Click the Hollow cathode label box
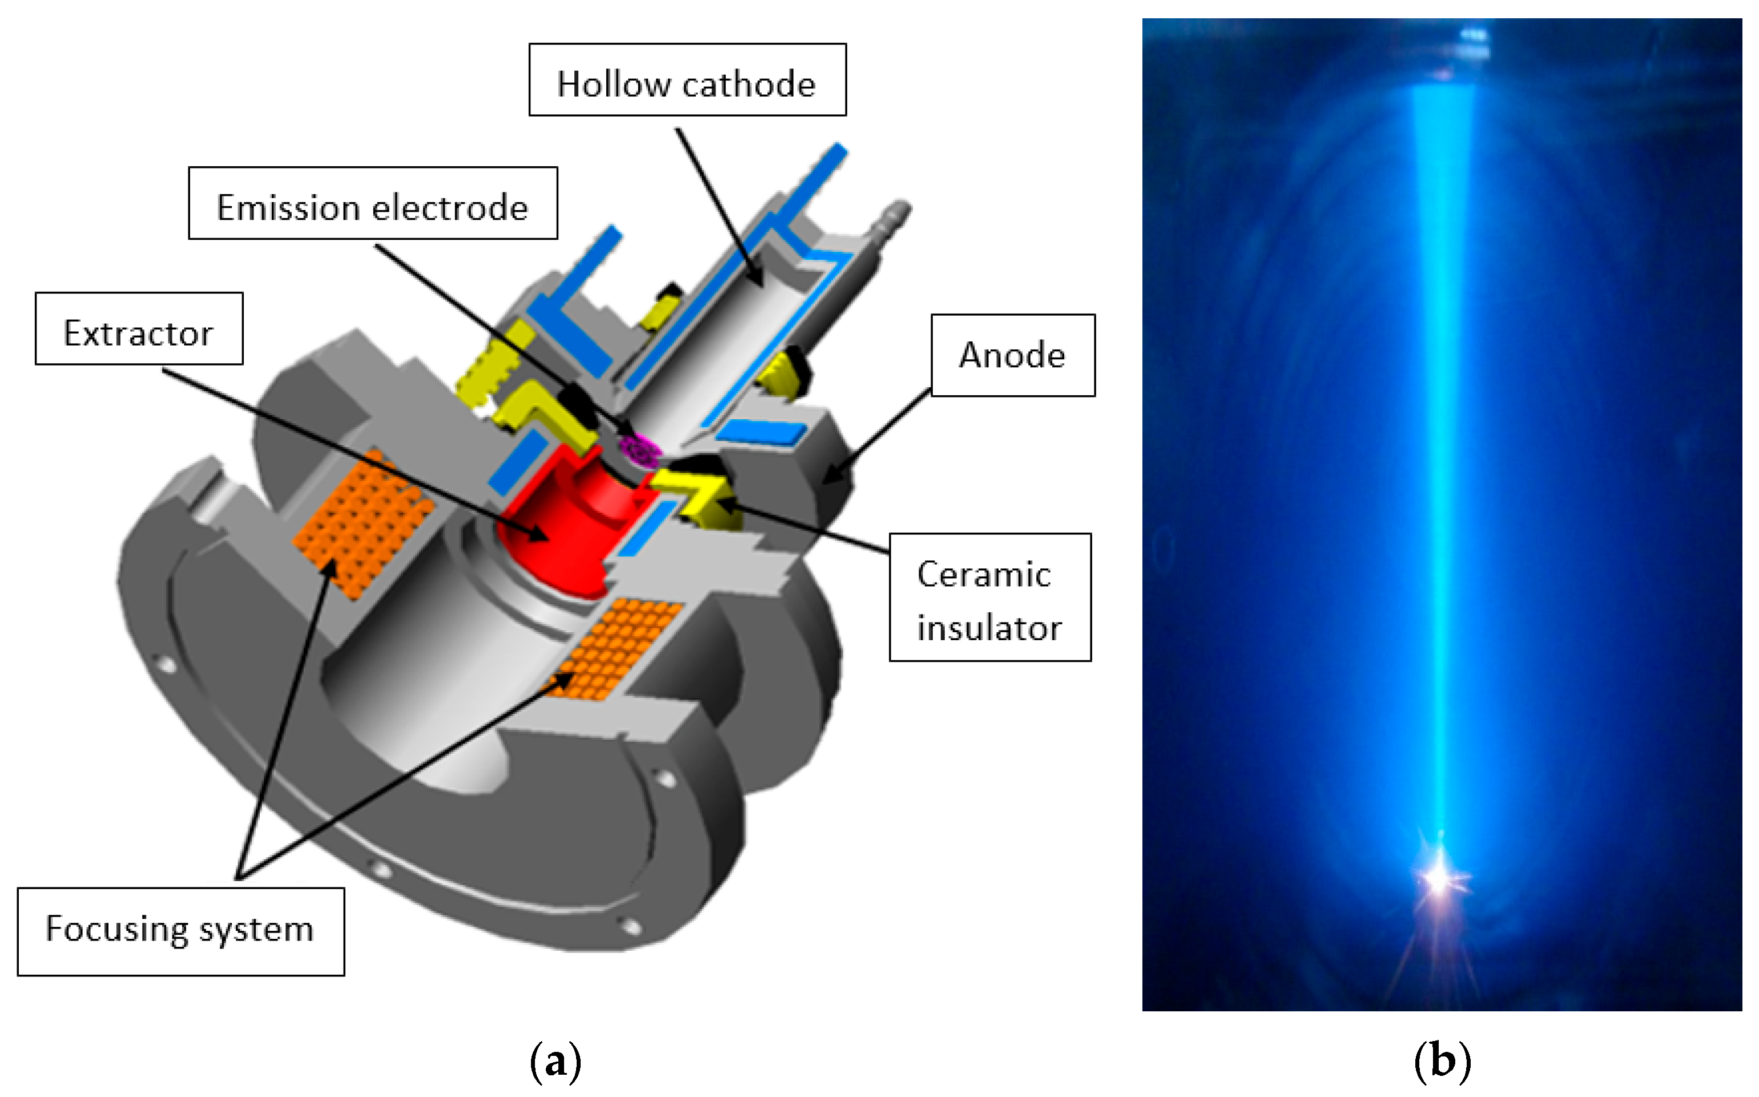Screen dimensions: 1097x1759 [687, 80]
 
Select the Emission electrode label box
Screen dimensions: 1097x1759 [373, 203]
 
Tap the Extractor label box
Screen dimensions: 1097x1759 [139, 329]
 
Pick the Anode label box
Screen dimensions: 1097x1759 [1013, 356]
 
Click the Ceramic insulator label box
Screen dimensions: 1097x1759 [990, 597]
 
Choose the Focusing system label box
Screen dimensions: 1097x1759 [180, 931]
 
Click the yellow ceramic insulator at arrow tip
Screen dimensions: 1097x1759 [697, 493]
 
